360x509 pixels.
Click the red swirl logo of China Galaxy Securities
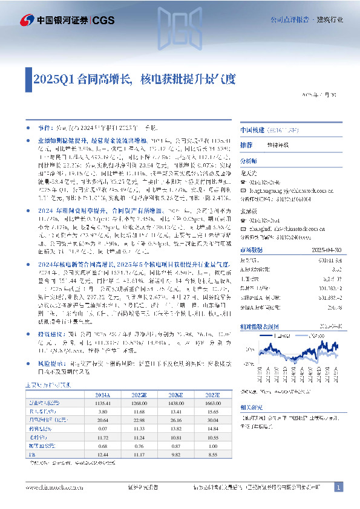point(27,21)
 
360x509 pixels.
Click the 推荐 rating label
point(246,146)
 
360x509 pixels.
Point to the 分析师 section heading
point(249,161)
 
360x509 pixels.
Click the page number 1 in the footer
point(339,487)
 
